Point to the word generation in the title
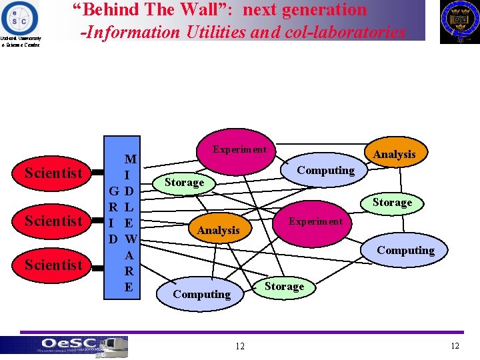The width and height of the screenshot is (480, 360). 327,10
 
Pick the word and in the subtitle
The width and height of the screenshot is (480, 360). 267,32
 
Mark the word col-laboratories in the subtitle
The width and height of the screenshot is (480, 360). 346,32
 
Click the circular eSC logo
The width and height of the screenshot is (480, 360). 20,17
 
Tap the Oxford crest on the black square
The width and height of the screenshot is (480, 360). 459,21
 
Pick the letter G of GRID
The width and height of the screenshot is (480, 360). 114,191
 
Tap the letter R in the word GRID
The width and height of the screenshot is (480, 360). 114,207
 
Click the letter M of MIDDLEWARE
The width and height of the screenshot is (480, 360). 130,159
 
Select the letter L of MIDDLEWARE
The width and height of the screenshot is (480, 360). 130,207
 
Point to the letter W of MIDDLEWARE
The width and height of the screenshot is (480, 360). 130,239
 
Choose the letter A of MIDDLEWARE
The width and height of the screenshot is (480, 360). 130,255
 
